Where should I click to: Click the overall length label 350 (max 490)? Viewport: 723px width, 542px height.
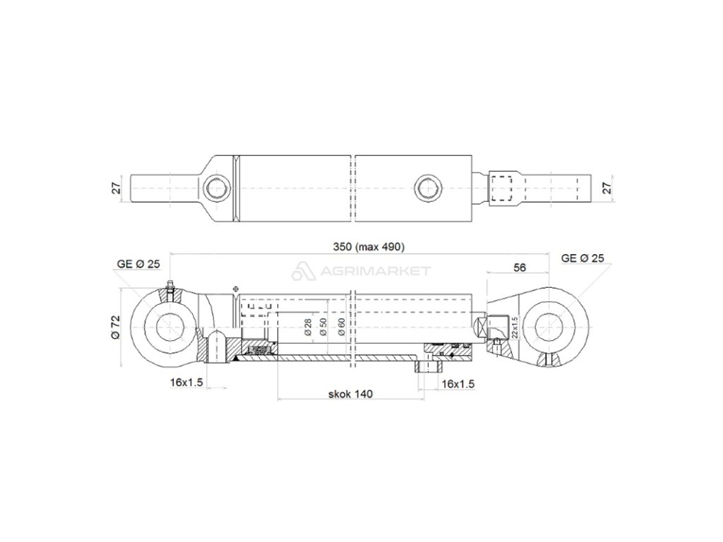[x=369, y=247]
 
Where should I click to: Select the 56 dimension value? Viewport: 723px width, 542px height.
[x=520, y=267]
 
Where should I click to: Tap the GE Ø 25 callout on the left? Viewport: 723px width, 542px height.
[x=138, y=264]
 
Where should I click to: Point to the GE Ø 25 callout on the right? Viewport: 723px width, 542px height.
[x=582, y=258]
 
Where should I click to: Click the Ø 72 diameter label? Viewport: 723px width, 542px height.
[x=115, y=327]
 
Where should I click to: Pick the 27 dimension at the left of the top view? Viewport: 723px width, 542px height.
[x=116, y=188]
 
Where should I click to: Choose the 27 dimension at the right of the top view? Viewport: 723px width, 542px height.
[x=607, y=188]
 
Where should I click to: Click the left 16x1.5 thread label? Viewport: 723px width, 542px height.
[x=186, y=383]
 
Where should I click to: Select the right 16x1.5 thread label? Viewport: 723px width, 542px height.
[x=458, y=384]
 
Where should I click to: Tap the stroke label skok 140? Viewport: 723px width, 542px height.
[x=350, y=394]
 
